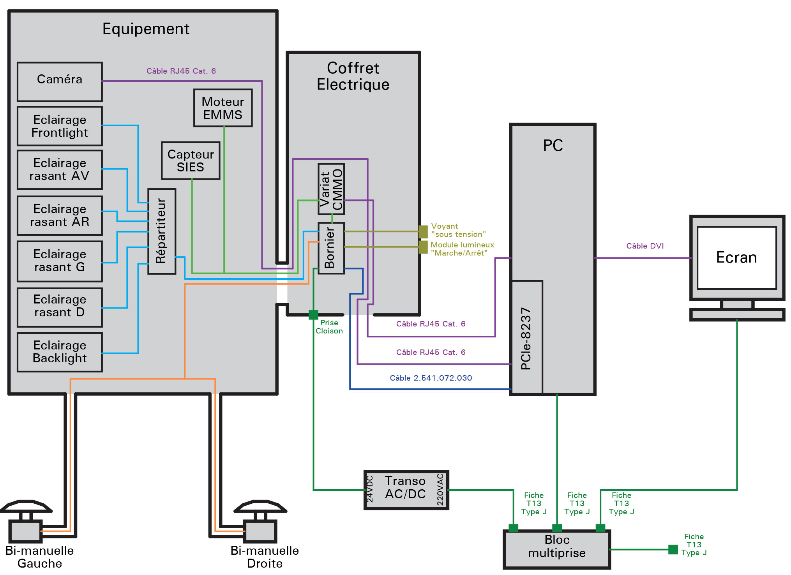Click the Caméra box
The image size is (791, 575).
click(60, 81)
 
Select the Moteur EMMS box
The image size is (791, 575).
click(223, 108)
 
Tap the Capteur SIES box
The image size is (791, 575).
click(191, 161)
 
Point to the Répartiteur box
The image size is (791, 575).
click(162, 231)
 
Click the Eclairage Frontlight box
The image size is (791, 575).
click(60, 126)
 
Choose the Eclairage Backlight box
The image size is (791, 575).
click(60, 352)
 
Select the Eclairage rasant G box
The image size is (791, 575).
click(60, 261)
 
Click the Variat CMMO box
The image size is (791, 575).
click(331, 189)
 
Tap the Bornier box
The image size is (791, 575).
click(331, 248)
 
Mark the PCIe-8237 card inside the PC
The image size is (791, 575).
click(527, 337)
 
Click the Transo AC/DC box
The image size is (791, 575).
click(406, 490)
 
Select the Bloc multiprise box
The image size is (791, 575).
click(557, 549)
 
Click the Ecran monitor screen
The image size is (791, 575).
click(736, 258)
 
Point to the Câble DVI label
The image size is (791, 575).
click(645, 246)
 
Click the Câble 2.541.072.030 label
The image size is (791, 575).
click(431, 378)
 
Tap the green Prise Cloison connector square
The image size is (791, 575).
click(313, 314)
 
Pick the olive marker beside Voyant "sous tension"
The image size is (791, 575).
click(423, 231)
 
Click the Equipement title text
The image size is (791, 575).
click(146, 29)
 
